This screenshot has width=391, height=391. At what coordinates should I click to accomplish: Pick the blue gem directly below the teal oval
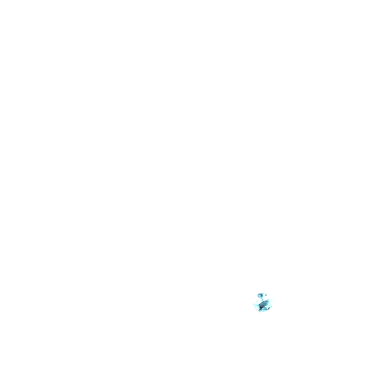click(262, 301)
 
